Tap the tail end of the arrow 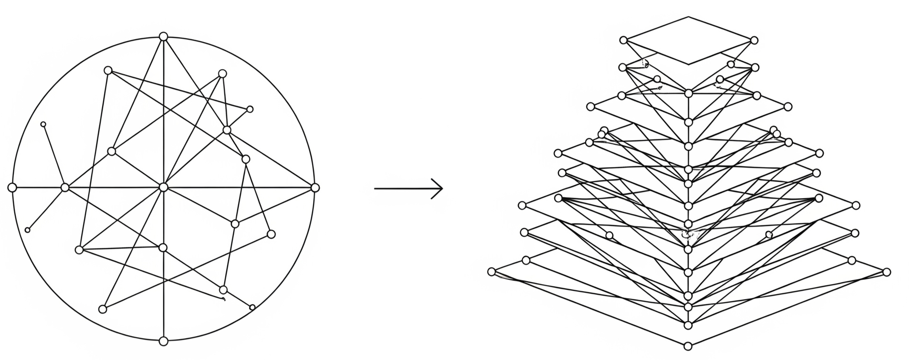(376, 189)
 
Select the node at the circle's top (163, 36)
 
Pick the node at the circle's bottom (163, 341)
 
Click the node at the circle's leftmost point (12, 187)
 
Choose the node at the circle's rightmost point (314, 188)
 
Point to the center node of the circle (163, 187)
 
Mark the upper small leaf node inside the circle (43, 124)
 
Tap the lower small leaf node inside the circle (27, 230)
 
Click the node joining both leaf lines (65, 187)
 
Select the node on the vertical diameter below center (163, 247)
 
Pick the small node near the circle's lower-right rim (252, 307)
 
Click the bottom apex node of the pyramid (688, 346)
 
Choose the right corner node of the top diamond (754, 41)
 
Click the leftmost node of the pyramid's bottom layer (492, 272)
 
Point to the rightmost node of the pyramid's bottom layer (886, 272)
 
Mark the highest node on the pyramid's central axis (688, 93)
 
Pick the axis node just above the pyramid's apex (688, 325)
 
